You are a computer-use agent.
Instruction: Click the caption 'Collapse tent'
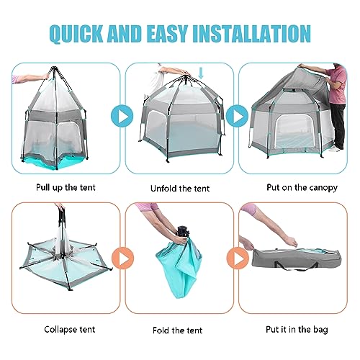pos(64,330)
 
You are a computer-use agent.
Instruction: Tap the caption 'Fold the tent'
pos(179,330)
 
